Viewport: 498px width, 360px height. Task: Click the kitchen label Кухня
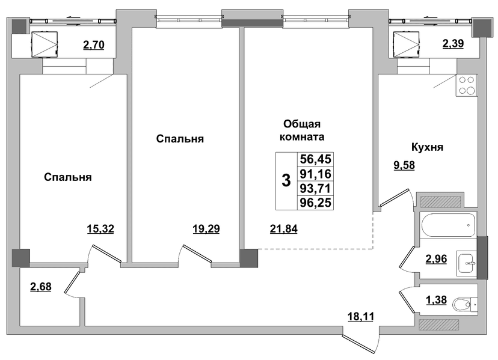coord(427,147)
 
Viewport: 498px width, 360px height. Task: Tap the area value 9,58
coord(404,165)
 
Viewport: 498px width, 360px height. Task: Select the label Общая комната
coord(302,130)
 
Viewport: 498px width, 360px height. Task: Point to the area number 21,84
coord(284,228)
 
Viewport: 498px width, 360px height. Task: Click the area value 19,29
coord(206,228)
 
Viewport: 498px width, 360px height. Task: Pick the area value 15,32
coord(100,228)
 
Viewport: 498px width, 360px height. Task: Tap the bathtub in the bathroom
coord(448,225)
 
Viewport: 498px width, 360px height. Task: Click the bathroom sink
coord(467,263)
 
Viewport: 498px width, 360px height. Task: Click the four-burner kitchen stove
coord(467,85)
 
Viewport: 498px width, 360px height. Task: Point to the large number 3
coord(286,181)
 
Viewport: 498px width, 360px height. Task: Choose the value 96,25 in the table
coord(315,203)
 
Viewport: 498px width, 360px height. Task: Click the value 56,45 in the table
coord(315,159)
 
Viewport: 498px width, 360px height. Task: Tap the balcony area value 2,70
coord(94,44)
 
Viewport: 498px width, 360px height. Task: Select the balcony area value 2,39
coord(453,43)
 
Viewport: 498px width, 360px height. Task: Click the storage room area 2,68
coord(41,287)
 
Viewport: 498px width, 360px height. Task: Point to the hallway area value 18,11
coord(360,316)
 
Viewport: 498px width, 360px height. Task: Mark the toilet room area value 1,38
coord(436,300)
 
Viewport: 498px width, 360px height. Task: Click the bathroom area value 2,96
coord(436,258)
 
